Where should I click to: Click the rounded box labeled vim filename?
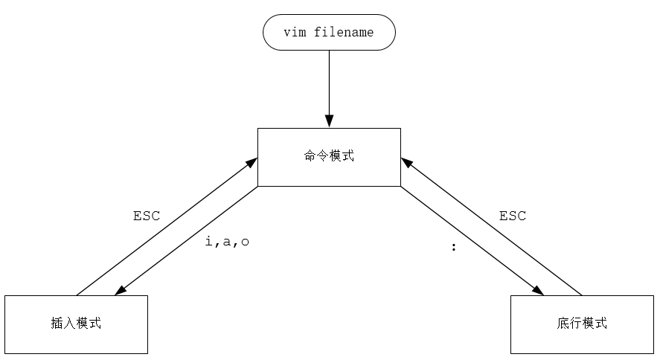(329, 33)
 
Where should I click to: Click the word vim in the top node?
(295, 33)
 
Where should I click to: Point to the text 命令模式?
(329, 157)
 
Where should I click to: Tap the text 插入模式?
(76, 324)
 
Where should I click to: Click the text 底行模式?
(581, 324)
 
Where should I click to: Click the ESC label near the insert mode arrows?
(147, 216)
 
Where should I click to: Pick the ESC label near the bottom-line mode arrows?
(512, 216)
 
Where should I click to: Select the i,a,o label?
(226, 242)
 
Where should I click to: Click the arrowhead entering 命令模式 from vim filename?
(329, 122)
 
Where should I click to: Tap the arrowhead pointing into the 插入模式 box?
(118, 291)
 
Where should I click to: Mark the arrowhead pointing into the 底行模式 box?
(539, 291)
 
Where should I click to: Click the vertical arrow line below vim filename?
(329, 82)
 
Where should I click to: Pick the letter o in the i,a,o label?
(245, 242)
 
